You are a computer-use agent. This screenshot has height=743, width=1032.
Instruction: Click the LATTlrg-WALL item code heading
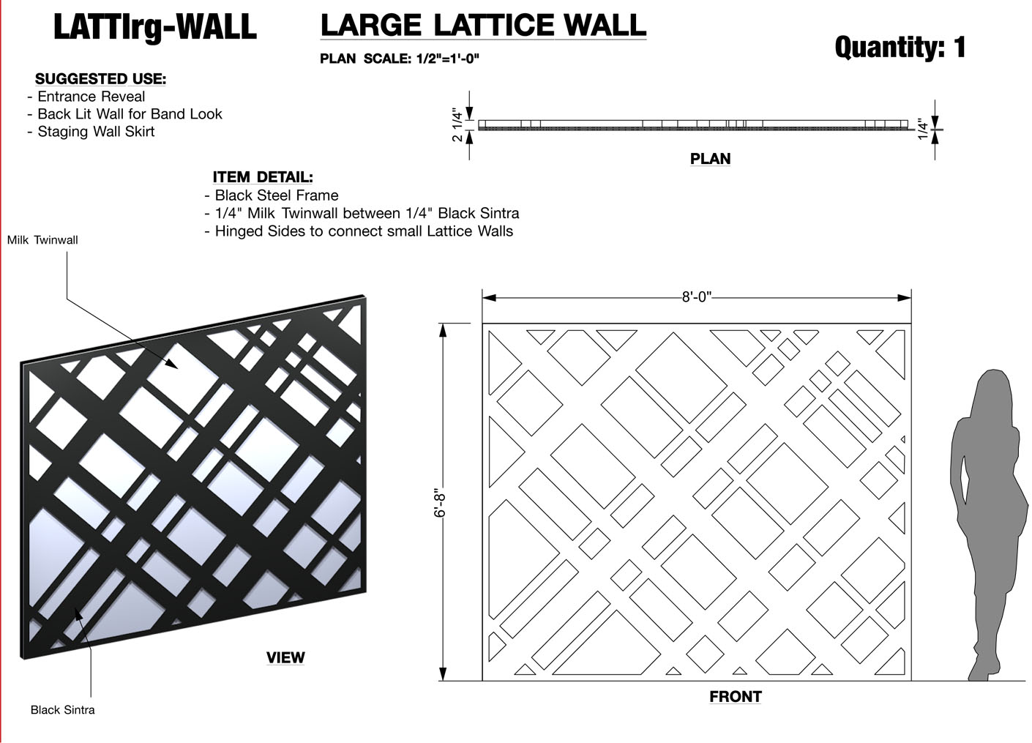(155, 28)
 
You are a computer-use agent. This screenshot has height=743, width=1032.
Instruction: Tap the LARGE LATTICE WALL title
(483, 26)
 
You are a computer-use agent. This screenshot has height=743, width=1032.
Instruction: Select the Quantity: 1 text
(900, 47)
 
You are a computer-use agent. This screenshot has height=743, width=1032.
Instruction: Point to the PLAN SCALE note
(400, 59)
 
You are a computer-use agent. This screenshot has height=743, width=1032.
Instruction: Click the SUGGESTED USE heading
(100, 79)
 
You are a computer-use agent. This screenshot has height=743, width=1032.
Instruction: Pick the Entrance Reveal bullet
(86, 97)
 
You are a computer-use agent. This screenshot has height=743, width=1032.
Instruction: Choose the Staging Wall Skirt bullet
(91, 132)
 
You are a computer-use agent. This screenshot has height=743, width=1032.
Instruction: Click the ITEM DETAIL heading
(263, 177)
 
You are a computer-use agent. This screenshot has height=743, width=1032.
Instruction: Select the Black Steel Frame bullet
(272, 195)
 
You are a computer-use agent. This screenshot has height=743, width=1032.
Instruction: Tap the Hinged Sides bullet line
(359, 231)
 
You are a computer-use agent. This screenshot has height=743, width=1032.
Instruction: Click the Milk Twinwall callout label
(42, 240)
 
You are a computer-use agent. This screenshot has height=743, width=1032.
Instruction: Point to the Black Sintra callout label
(63, 710)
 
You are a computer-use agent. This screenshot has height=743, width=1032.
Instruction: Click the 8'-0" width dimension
(697, 296)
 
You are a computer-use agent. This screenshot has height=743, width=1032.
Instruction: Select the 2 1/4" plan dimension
(457, 124)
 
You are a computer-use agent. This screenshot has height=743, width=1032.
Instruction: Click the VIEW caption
(285, 658)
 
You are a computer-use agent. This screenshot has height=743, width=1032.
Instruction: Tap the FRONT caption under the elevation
(736, 696)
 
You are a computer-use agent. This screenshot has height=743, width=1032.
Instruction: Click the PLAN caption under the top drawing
(710, 159)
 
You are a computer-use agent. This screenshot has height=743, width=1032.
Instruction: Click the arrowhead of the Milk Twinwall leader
(172, 364)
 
